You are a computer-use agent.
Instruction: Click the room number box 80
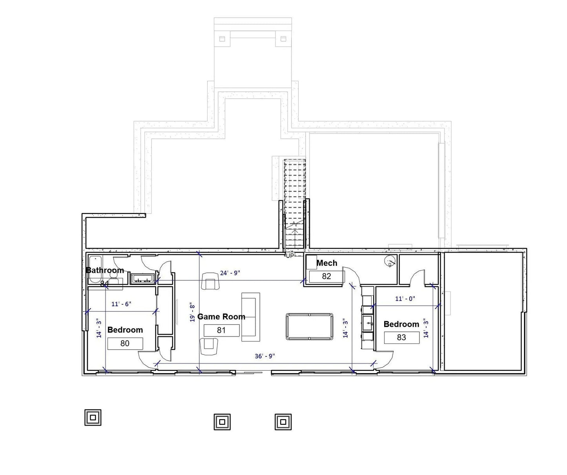[125, 343]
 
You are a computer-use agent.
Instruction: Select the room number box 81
[221, 331]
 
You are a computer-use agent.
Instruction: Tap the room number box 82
[326, 276]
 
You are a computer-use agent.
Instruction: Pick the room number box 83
[401, 337]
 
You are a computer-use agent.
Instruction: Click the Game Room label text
[221, 316]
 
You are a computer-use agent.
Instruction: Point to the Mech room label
[326, 263]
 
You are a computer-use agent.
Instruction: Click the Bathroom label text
[105, 270]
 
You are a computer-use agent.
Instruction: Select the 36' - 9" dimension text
[265, 356]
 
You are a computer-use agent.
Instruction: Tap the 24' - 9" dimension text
[230, 272]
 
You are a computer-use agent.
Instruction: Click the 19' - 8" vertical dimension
[192, 312]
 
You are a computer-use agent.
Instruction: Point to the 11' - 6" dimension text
[121, 304]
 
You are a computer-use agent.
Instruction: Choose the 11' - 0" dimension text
[405, 299]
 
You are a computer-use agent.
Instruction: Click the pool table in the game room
[309, 326]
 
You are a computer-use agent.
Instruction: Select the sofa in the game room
[250, 317]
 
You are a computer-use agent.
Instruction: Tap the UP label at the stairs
[290, 256]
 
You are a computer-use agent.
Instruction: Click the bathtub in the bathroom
[95, 269]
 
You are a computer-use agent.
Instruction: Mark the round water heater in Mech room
[390, 261]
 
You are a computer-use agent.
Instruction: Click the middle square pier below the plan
[222, 422]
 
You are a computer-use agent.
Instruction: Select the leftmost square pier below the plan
[93, 417]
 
